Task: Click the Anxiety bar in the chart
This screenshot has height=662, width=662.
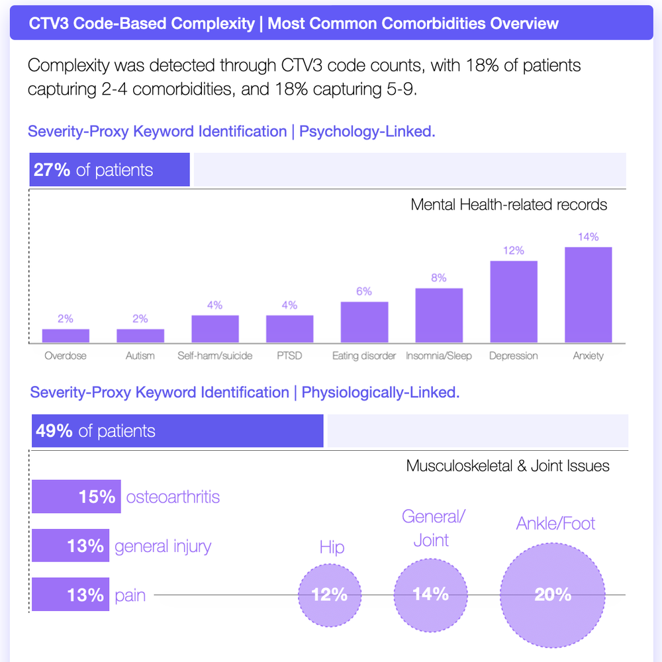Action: (x=588, y=295)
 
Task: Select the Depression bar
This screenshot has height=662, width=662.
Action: (x=513, y=302)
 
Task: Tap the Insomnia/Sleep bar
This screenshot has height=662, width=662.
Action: (x=439, y=316)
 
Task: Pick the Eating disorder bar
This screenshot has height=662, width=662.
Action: (x=364, y=322)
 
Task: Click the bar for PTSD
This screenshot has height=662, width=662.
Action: (x=290, y=329)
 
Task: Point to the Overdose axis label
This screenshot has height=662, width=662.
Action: (x=66, y=356)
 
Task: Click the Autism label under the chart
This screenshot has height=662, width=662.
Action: (x=140, y=356)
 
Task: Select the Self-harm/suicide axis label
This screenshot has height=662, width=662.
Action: (x=214, y=356)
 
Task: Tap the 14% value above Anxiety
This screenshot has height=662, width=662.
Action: (x=588, y=237)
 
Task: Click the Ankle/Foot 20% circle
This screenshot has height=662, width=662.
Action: (x=553, y=594)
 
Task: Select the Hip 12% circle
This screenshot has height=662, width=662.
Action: (x=330, y=594)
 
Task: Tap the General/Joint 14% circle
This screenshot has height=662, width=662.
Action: (x=431, y=593)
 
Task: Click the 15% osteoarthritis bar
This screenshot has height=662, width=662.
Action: (x=76, y=496)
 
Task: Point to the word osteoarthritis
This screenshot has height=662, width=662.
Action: (x=173, y=496)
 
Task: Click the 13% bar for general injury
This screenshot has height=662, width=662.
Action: (x=70, y=546)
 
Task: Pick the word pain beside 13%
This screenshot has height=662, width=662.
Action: (x=130, y=595)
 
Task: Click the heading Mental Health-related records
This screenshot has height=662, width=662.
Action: (x=508, y=205)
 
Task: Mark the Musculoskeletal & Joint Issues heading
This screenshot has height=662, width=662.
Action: (x=508, y=466)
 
